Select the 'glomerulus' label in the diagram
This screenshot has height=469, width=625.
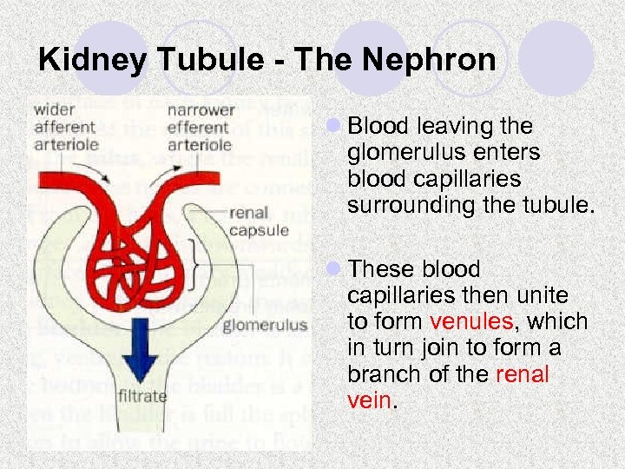[265, 327]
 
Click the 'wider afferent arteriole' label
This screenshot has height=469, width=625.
[67, 128]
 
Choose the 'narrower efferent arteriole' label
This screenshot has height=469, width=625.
[200, 128]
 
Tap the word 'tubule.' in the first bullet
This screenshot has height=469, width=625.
[561, 205]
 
